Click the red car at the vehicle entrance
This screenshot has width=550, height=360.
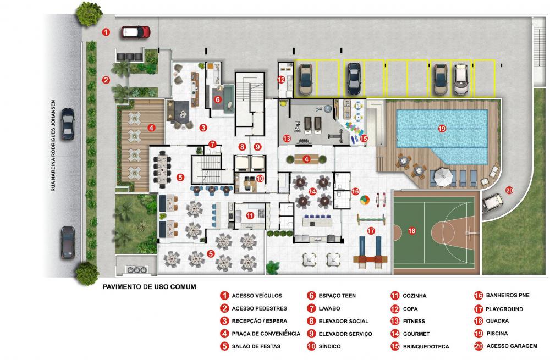point(136,32)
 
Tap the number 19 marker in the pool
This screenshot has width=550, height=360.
point(442,129)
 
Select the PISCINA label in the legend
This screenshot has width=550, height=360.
point(497,334)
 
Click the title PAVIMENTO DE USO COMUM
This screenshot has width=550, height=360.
point(150,287)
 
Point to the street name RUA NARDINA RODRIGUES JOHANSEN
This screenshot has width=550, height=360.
point(53,146)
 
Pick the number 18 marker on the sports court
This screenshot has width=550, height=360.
point(412,231)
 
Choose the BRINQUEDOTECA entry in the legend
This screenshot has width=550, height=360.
point(426,346)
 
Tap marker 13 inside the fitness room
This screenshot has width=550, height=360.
point(287,139)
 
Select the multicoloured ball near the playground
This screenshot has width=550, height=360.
point(365,200)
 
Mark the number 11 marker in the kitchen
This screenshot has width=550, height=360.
point(250,215)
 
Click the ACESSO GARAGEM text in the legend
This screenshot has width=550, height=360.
point(512,346)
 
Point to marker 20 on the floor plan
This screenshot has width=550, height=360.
point(509,190)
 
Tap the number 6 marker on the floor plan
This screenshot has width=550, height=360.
point(217,99)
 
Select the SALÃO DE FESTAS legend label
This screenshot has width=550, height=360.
point(256,346)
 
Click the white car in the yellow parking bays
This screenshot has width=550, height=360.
point(461,79)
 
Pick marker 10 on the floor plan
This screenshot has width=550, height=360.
point(260,179)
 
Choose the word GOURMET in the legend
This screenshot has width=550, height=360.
point(416,334)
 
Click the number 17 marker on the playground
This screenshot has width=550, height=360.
point(371,231)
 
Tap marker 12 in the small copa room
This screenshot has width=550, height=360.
point(281,80)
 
